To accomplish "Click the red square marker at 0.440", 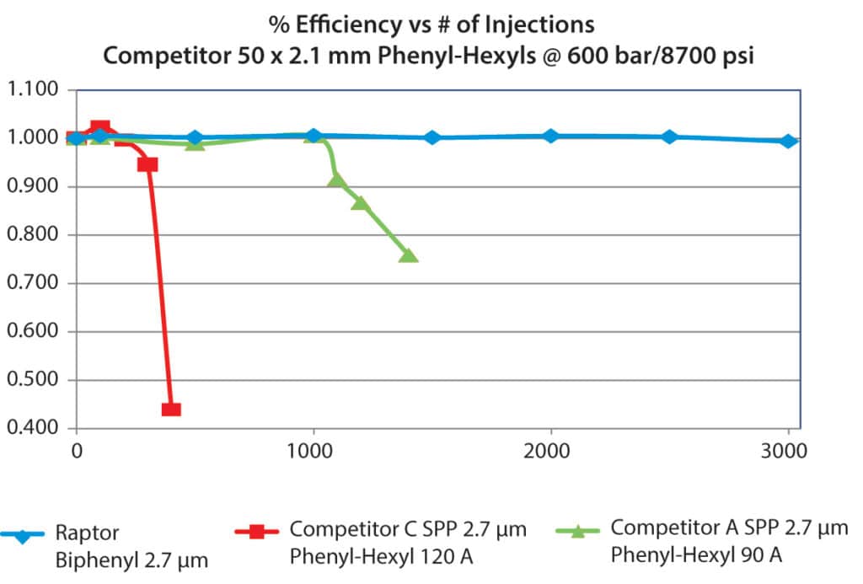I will tap(171, 410).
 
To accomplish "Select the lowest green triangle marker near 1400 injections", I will tap(408, 254).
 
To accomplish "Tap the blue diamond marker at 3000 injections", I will tap(787, 141).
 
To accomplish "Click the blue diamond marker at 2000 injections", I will tap(550, 136).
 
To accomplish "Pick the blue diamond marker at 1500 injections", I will tap(432, 137).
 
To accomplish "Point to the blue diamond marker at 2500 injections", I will tap(669, 137).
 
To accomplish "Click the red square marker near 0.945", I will tap(147, 163).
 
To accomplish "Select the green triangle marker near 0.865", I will tap(360, 202).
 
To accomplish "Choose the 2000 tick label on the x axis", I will tap(550, 452).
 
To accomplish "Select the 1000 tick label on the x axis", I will tap(314, 452).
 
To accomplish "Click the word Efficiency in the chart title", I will tap(360, 24).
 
